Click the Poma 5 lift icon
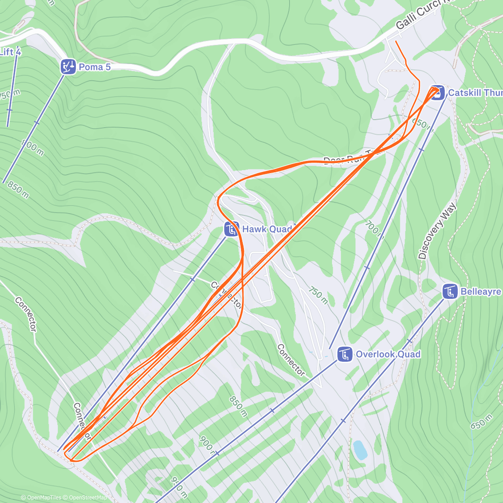pos(68,66)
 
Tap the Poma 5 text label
pos(95,67)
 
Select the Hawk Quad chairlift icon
pos(231,229)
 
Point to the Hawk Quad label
pos(267,229)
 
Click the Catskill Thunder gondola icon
pos(437,93)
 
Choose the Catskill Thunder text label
pos(475,93)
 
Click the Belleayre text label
pos(481,291)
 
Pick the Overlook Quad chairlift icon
pos(345,354)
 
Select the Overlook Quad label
pos(388,354)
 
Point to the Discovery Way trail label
pos(437,231)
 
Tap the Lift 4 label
pos(10,52)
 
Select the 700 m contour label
pos(373,228)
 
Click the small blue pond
pos(360,450)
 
